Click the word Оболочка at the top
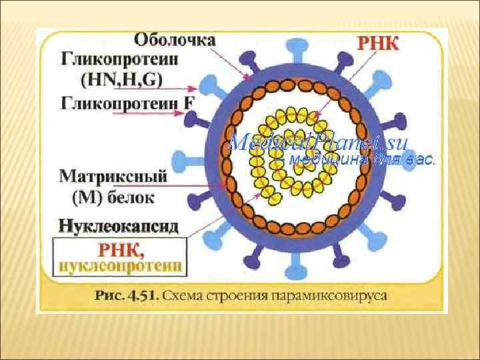tap(175, 39)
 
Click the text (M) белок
tap(113, 197)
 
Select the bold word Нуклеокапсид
tap(119, 225)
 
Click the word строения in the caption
tap(235, 294)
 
